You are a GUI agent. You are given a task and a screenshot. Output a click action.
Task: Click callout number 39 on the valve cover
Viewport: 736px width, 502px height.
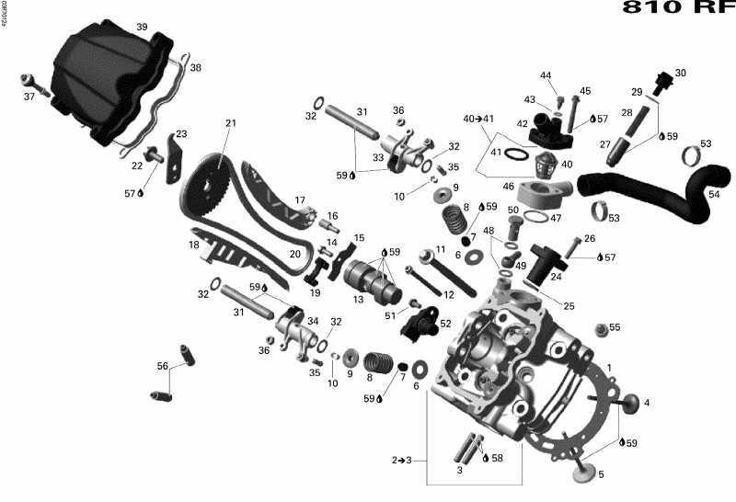click(142, 27)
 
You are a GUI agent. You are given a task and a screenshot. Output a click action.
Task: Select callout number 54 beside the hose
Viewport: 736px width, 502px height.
click(715, 194)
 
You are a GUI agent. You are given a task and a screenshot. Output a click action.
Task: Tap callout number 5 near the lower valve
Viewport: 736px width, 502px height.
click(601, 474)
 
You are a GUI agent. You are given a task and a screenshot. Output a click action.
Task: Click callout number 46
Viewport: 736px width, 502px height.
click(508, 187)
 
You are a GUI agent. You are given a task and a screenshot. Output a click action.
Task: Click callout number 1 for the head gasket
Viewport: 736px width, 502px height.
click(608, 368)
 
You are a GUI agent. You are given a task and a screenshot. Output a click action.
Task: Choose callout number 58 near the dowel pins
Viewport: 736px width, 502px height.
click(498, 458)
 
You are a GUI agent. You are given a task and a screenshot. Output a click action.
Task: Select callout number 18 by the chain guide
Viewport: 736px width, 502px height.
click(194, 245)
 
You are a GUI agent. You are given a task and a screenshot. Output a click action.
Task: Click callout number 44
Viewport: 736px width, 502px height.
click(546, 75)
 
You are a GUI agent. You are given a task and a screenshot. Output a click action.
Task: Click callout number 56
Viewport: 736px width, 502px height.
click(163, 366)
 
